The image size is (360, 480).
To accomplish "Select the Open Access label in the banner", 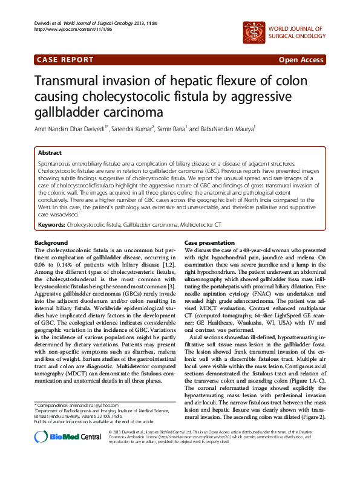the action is click(x=301, y=60).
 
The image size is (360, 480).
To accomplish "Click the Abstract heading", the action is click(x=50, y=153).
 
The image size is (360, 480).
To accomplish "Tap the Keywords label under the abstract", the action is click(x=51, y=224).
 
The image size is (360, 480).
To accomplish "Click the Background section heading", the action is click(x=51, y=242).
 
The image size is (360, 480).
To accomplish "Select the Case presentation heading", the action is click(x=209, y=242).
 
